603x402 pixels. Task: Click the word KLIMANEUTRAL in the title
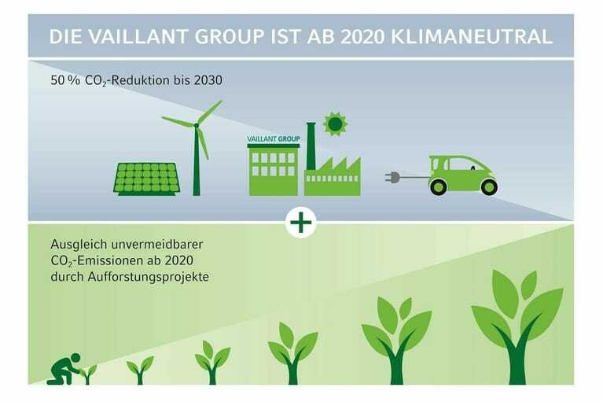click(472, 37)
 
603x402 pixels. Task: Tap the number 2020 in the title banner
click(362, 37)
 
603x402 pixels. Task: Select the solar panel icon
click(147, 179)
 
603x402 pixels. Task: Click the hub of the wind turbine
click(197, 125)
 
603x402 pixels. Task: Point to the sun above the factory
click(335, 124)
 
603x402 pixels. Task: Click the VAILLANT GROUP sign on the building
click(274, 138)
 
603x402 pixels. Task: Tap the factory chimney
click(311, 146)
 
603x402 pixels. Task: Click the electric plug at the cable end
click(392, 177)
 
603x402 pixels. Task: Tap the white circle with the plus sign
click(301, 222)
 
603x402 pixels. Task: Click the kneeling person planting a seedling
click(64, 369)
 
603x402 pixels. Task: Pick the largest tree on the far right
click(517, 327)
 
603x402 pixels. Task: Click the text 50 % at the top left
click(65, 80)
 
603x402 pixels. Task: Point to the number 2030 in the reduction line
click(208, 80)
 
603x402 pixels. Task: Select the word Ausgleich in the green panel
click(79, 245)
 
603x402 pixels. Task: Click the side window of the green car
click(461, 164)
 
